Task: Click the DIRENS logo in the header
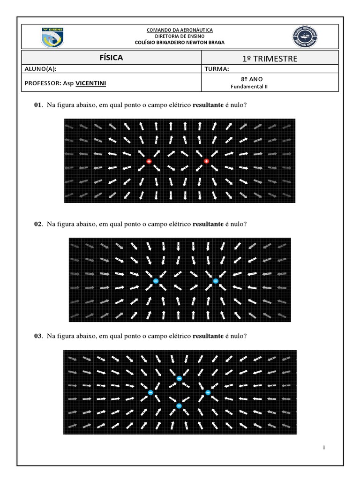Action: [52, 37]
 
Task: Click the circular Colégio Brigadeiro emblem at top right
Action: [305, 37]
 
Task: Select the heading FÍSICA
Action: [111, 58]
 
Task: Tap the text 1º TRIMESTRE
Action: [270, 58]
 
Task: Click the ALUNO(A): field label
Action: [40, 69]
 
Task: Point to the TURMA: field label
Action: [217, 69]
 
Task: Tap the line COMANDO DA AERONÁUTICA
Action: [180, 30]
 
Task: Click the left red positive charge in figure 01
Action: [149, 161]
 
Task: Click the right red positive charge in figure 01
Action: [206, 161]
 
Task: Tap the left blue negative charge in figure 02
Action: [156, 281]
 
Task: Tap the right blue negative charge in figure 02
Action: [216, 281]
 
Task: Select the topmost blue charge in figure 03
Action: [179, 378]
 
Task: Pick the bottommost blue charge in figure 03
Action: [179, 406]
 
